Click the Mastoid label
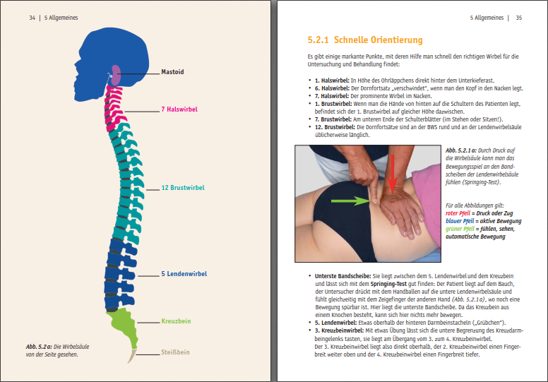[x=172, y=72]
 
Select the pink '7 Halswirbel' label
[x=179, y=109]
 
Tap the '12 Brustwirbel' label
[x=183, y=188]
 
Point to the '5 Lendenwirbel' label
[x=184, y=274]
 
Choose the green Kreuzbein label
[x=176, y=321]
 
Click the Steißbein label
[x=175, y=352]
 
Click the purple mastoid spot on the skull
[x=116, y=75]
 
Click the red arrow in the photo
[x=393, y=174]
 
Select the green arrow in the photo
[x=350, y=201]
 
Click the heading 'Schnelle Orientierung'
[x=378, y=40]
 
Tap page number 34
[x=32, y=18]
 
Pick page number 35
[x=519, y=18]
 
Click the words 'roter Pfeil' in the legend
[x=458, y=213]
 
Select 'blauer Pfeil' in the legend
[x=460, y=221]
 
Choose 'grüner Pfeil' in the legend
[x=460, y=229]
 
